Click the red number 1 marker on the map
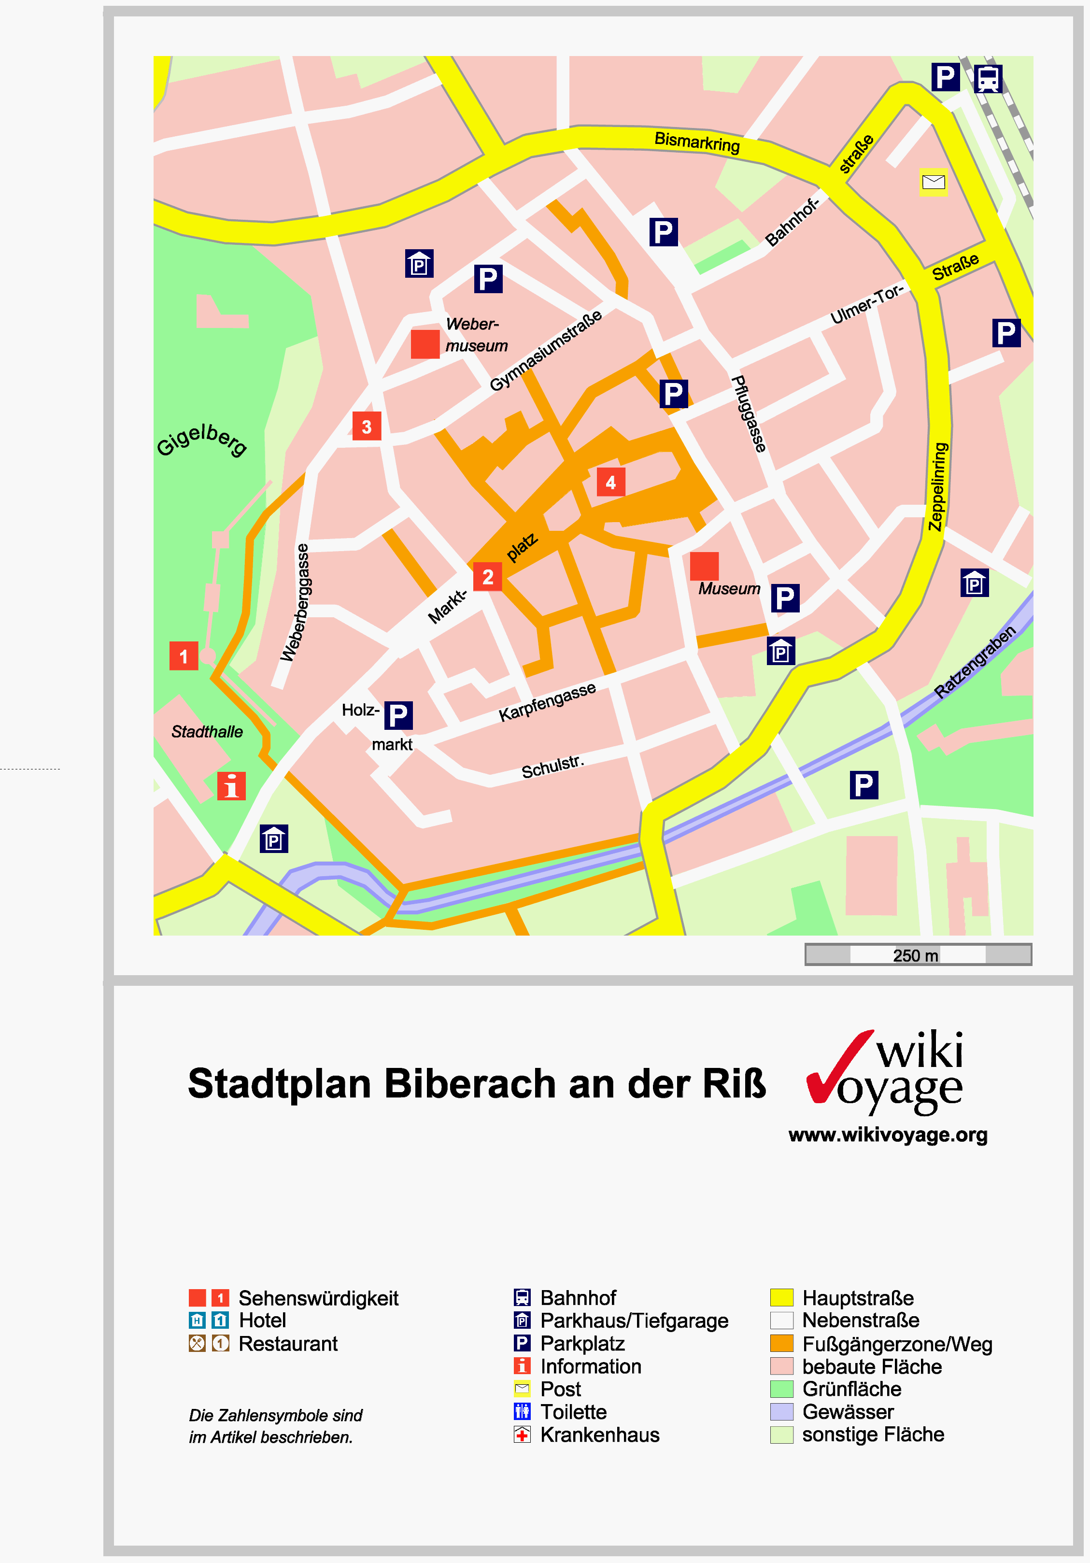(183, 656)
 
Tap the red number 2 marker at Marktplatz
(487, 577)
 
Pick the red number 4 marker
(611, 483)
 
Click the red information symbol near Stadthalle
(231, 786)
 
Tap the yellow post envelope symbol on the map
(934, 182)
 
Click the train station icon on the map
(988, 79)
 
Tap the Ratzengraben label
(975, 662)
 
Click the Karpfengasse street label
(547, 701)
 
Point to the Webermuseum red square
(425, 344)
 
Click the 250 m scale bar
(918, 954)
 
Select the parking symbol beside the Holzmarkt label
(398, 715)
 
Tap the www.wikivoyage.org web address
(888, 1135)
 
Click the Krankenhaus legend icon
(522, 1435)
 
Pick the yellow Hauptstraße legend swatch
(781, 1297)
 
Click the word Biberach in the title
(468, 1084)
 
